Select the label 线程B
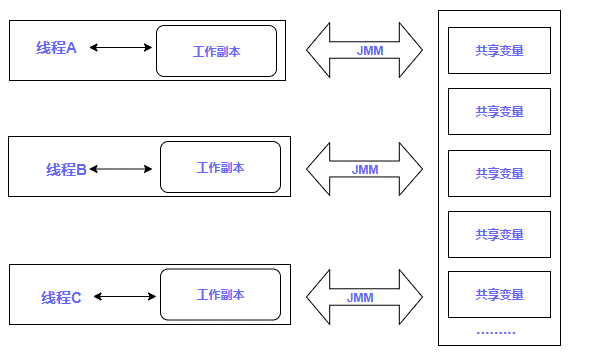[x=67, y=169]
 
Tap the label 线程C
[x=62, y=297]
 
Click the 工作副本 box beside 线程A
[x=216, y=51]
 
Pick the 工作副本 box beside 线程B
[x=220, y=167]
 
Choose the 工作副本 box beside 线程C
[x=220, y=295]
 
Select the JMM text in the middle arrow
[x=365, y=169]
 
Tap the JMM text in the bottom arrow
[x=360, y=297]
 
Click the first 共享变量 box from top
[x=499, y=51]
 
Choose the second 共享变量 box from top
[x=499, y=112]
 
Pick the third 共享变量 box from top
[x=499, y=173]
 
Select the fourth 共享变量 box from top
[x=499, y=234]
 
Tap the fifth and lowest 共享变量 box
[x=499, y=295]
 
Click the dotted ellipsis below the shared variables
[x=496, y=332]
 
